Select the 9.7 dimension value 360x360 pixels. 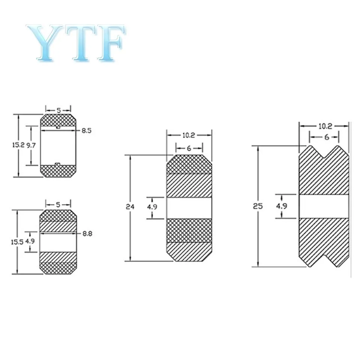pyautogui.click(x=31, y=145)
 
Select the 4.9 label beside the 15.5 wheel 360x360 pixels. pyautogui.click(x=30, y=241)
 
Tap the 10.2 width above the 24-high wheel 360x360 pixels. pyautogui.click(x=189, y=135)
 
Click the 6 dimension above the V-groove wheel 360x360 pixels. pyautogui.click(x=327, y=137)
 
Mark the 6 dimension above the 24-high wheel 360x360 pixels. pyautogui.click(x=189, y=148)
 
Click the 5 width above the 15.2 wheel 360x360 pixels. pyautogui.click(x=58, y=110)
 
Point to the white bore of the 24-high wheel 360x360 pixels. pyautogui.click(x=189, y=207)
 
